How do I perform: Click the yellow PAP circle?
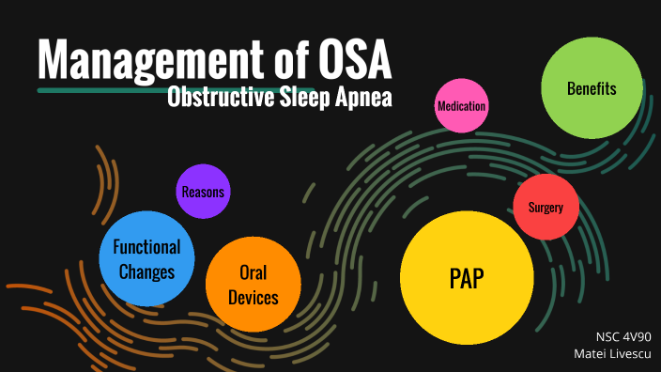(467, 279)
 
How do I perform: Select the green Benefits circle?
(592, 88)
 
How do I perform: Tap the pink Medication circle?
(461, 106)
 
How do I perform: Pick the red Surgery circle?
(546, 207)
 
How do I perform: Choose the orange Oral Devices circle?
(253, 285)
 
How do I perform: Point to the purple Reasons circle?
(204, 192)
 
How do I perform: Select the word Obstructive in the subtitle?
(213, 97)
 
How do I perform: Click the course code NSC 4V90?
(623, 336)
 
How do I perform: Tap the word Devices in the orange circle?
(253, 298)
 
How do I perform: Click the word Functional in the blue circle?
(146, 248)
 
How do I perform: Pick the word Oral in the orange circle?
(253, 272)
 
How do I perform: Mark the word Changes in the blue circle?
(146, 272)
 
